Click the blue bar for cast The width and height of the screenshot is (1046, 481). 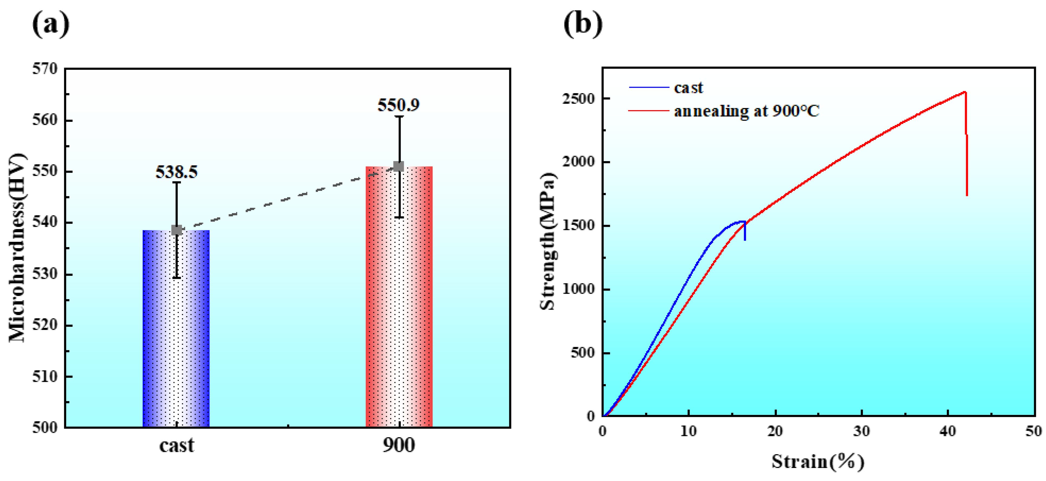point(176,329)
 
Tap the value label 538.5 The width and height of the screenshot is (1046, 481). point(177,172)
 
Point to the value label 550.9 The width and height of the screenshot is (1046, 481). point(398,105)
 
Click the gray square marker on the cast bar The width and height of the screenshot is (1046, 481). point(176,230)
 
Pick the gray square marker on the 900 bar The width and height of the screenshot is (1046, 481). point(399,166)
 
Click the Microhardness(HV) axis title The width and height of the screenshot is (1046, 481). point(17,248)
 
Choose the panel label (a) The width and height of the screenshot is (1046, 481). point(51,24)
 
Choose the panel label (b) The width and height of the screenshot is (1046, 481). point(583,24)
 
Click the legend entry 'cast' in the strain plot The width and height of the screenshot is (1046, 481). point(688,88)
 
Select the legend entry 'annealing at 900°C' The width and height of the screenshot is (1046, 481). point(746,111)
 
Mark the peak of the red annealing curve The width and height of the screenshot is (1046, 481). point(965,92)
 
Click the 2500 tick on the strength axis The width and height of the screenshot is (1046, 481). point(578,99)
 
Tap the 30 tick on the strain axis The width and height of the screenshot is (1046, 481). point(861,431)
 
